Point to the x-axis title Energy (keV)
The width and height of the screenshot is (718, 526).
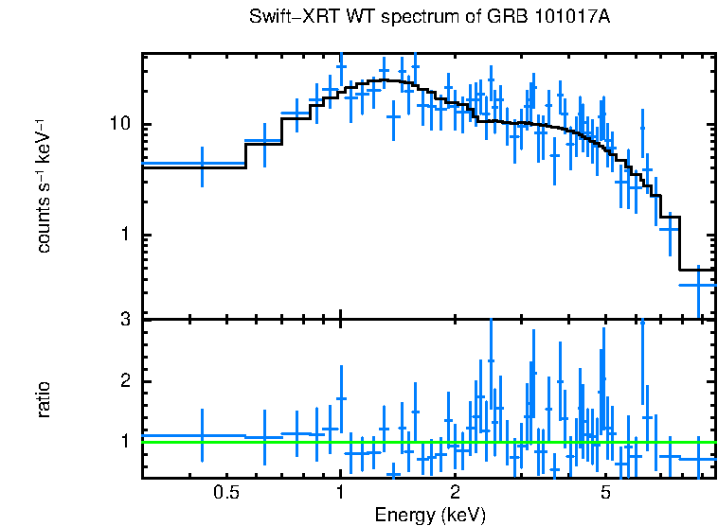pyautogui.click(x=430, y=516)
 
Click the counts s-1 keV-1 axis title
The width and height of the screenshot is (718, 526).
pyautogui.click(x=44, y=185)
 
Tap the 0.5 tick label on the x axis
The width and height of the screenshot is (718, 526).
pyautogui.click(x=225, y=493)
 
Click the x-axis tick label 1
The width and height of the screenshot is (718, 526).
pyautogui.click(x=340, y=493)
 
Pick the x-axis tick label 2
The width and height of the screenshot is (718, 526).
pyautogui.click(x=455, y=493)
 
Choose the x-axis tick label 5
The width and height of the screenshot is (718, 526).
pyautogui.click(x=606, y=493)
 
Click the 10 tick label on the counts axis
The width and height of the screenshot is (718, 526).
pyautogui.click(x=118, y=125)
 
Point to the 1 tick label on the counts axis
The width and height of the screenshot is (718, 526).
pyautogui.click(x=124, y=236)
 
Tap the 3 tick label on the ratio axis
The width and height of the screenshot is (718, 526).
pyautogui.click(x=124, y=320)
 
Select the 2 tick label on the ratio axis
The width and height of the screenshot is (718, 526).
pyautogui.click(x=124, y=382)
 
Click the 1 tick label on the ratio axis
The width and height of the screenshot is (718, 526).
pyautogui.click(x=124, y=442)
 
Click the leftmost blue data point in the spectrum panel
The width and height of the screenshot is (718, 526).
pyautogui.click(x=202, y=164)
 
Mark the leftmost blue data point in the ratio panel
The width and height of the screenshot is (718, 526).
pyautogui.click(x=202, y=435)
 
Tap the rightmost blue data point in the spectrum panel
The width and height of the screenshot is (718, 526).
pyautogui.click(x=699, y=284)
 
